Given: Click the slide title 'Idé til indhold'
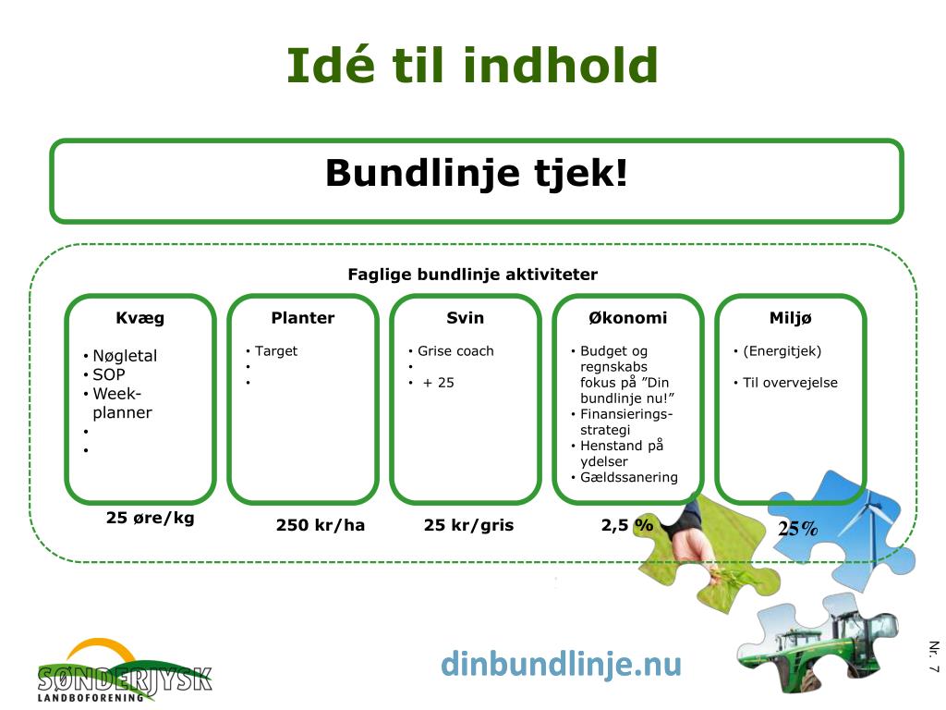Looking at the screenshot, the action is [x=472, y=66].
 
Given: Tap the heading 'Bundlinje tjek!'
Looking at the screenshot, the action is [x=477, y=173].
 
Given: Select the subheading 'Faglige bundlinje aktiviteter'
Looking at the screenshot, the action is [x=472, y=275].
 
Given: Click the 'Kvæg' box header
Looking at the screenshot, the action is [x=140, y=318].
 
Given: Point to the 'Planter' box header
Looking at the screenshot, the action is [x=303, y=318].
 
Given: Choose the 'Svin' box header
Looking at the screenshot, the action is [x=466, y=318].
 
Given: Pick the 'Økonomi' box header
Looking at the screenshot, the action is [x=628, y=318].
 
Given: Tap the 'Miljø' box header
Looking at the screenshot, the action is [x=791, y=318].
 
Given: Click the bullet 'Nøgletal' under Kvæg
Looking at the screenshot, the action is [x=125, y=356].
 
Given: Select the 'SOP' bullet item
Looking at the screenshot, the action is [x=109, y=375].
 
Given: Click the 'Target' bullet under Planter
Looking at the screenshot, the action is [x=276, y=351].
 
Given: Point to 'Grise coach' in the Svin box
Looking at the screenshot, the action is [x=455, y=351].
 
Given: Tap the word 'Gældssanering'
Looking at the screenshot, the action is [x=629, y=478].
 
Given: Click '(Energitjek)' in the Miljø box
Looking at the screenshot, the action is [x=782, y=351].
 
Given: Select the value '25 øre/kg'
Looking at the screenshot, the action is [x=151, y=518].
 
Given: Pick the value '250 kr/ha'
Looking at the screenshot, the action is [x=321, y=525].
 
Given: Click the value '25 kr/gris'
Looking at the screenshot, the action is [x=468, y=525].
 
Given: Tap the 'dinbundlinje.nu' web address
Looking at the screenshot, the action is [x=561, y=664].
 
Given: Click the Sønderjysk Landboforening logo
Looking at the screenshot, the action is [x=124, y=671].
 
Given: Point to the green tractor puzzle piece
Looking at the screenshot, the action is [x=818, y=643].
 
